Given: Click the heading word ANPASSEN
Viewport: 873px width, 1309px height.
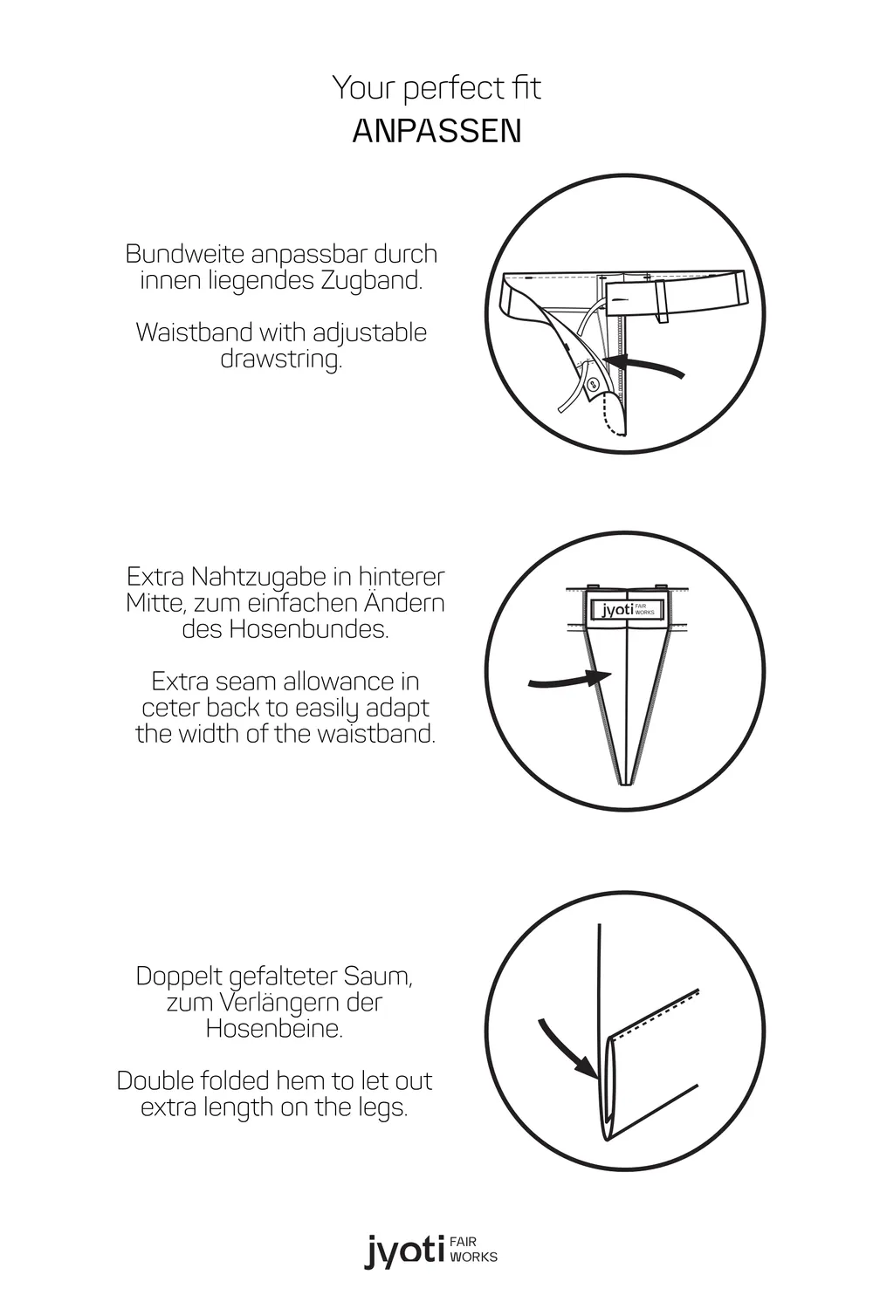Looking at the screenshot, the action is tap(436, 131).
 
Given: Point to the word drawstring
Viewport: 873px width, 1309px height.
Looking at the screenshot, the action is tap(281, 360).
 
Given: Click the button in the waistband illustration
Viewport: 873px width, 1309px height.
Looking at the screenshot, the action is tap(589, 384).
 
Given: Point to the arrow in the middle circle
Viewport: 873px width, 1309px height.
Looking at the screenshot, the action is tap(569, 680).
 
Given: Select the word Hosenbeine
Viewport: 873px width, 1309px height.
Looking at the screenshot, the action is tap(274, 1029).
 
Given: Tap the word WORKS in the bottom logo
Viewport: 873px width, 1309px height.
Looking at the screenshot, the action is tap(474, 1257).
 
